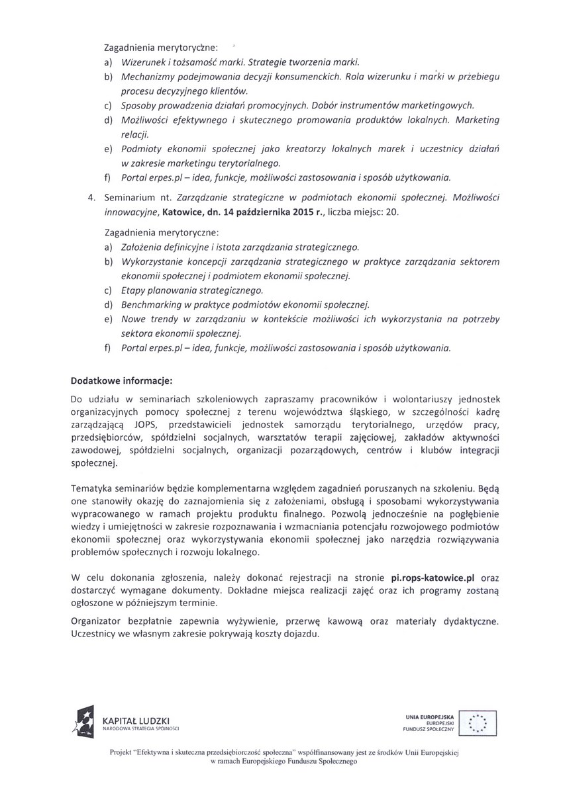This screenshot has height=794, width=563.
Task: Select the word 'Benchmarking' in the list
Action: tap(150, 305)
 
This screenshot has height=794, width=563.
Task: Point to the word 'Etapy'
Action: tap(132, 290)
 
